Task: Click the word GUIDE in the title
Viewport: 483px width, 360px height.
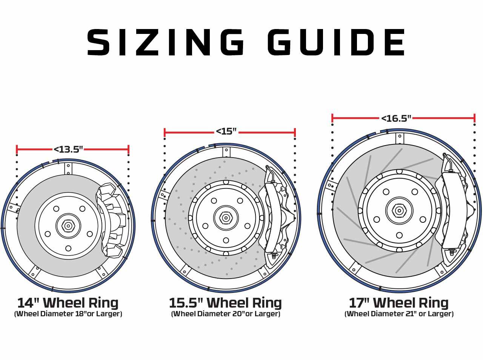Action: [x=337, y=42]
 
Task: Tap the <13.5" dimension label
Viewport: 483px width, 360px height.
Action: [x=68, y=149]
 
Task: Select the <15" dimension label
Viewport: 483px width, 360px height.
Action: [x=226, y=132]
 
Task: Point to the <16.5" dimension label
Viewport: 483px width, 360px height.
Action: [x=396, y=118]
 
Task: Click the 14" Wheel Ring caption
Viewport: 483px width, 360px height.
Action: [x=68, y=303]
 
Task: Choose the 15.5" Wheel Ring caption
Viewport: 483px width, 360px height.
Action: [x=225, y=303]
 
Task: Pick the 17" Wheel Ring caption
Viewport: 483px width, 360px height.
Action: [x=398, y=303]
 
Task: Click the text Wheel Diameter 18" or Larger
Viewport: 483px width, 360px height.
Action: [x=68, y=314]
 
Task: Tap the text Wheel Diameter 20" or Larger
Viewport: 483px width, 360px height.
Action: [x=225, y=314]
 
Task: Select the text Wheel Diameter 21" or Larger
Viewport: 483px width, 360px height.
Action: [x=399, y=314]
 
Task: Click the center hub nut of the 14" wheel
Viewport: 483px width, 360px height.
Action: [x=68, y=226]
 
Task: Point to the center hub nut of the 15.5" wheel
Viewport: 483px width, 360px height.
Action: [x=226, y=218]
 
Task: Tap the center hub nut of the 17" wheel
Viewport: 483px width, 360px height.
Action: [x=399, y=210]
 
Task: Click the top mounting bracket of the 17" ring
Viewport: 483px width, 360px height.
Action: [x=399, y=138]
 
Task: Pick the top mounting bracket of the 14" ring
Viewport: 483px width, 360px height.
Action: [x=68, y=168]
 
